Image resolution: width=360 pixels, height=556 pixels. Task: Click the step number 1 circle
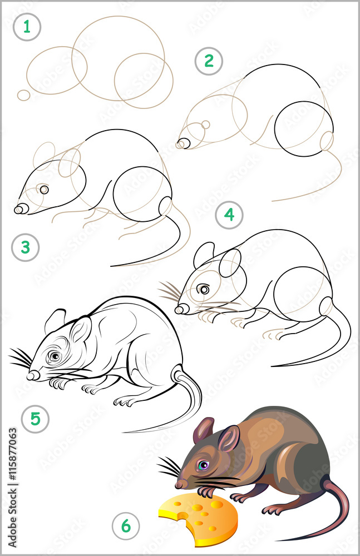click(27, 27)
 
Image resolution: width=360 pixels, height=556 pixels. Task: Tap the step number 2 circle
click(209, 61)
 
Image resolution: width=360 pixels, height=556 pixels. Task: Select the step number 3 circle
click(26, 247)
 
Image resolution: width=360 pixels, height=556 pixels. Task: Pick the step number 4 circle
click(229, 215)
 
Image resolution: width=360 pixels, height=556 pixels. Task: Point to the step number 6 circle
click(126, 525)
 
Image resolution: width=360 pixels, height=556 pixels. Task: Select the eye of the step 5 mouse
click(54, 355)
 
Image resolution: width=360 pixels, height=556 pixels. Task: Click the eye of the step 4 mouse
click(204, 289)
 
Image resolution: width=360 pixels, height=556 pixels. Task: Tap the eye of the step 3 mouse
click(44, 190)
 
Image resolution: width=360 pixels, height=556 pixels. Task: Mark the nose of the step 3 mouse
click(20, 209)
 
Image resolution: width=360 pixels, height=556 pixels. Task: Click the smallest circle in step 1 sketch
click(23, 95)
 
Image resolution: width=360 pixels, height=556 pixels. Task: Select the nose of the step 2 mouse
click(182, 145)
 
